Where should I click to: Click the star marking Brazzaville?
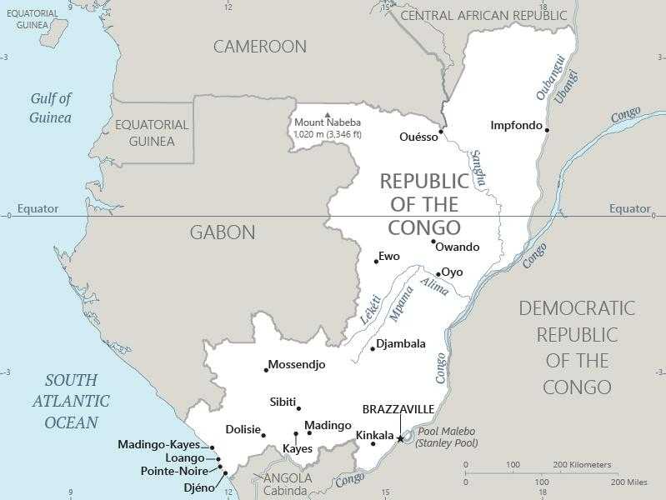tap(400, 438)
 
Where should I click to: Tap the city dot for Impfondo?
tap(547, 129)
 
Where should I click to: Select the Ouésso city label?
tap(418, 137)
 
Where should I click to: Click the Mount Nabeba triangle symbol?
tap(328, 115)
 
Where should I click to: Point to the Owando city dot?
tap(433, 242)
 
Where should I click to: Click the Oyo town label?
tap(452, 272)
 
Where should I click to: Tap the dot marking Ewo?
tap(376, 262)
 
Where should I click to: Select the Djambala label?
tap(401, 343)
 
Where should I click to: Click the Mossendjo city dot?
tap(267, 369)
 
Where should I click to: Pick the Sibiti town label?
tap(283, 402)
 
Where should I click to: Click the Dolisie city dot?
tap(263, 435)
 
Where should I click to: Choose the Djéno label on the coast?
tap(199, 487)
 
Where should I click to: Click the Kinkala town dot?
tap(373, 443)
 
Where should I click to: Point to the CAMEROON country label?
tap(260, 47)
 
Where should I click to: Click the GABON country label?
tap(223, 232)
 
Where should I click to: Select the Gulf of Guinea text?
tap(51, 107)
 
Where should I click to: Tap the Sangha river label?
tap(478, 167)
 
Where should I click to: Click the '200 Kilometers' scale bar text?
tap(582, 464)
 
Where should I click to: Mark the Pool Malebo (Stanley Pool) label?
tap(447, 437)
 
